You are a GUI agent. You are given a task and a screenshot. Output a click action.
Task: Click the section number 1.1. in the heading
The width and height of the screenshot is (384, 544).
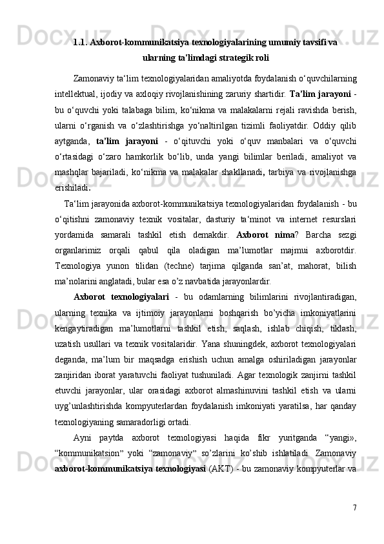[81, 43]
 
